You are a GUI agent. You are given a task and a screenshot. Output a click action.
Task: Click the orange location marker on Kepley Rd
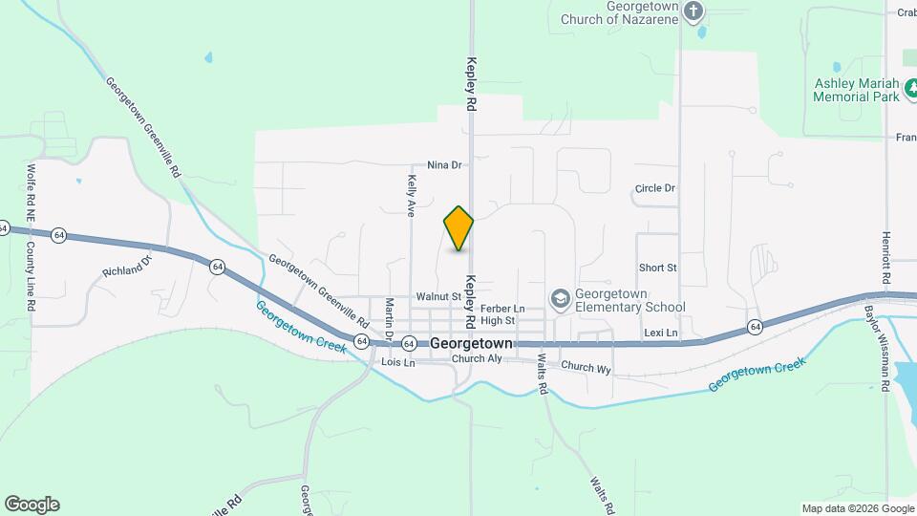459,227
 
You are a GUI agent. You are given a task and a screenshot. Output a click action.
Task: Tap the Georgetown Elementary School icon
560,300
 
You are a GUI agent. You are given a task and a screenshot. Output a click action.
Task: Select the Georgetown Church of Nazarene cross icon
694,11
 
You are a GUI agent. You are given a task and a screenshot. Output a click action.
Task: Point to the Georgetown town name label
472,343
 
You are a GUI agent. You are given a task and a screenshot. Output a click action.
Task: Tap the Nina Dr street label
444,165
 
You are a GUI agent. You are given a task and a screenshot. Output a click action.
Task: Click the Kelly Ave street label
412,196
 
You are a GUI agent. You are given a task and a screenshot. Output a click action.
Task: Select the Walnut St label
439,297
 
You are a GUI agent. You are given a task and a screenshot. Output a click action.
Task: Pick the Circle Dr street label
655,188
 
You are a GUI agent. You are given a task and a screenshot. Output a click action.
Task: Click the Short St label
658,268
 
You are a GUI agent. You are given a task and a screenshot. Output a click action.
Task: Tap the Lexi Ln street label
660,333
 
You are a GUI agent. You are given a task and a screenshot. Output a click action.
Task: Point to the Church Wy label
586,366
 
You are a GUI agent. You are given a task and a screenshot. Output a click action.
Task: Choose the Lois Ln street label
398,363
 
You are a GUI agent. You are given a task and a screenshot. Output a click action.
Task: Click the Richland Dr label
127,265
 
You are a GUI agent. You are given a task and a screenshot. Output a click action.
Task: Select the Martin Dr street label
389,317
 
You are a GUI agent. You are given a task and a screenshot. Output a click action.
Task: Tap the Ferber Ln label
502,309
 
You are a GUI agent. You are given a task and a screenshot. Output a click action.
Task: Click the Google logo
32,505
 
